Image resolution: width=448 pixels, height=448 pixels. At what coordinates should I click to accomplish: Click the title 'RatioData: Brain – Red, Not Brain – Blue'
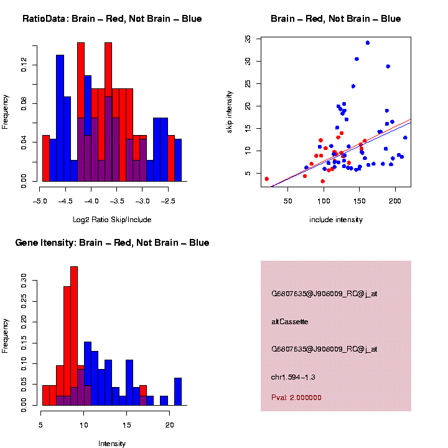112,19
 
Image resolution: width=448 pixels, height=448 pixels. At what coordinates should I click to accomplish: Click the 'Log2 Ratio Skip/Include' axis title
112,220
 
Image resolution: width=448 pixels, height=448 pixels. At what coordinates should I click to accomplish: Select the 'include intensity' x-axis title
336,220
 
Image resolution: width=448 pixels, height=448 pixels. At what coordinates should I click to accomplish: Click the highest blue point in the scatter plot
368,43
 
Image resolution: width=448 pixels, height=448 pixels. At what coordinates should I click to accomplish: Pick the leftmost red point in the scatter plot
267,179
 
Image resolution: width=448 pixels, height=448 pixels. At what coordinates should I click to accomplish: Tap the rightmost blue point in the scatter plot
405,138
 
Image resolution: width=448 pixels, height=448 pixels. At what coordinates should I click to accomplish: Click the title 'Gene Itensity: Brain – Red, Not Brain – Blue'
112,243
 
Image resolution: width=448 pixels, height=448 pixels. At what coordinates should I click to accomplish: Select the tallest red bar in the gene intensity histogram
74,336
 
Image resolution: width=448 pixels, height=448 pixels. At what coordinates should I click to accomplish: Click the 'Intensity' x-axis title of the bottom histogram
112,444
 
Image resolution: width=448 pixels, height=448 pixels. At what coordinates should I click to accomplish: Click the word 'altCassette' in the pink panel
290,322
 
